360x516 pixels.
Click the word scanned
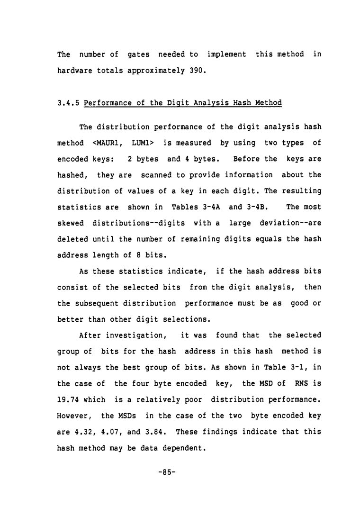point(151,175)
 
